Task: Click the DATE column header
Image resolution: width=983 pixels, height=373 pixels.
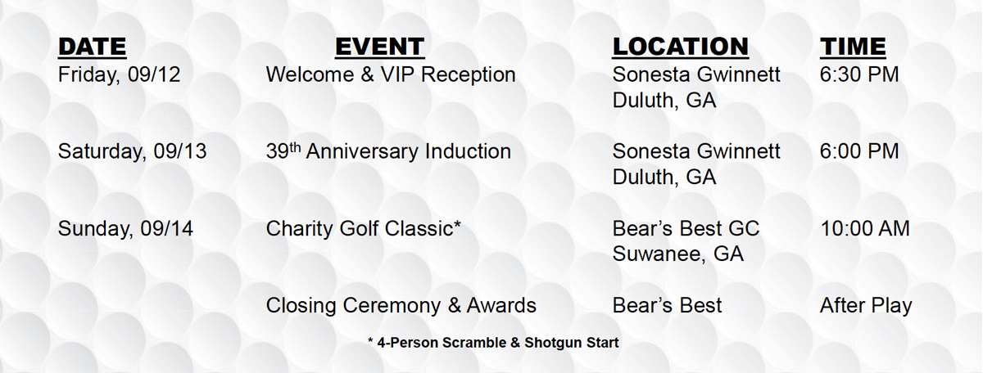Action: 92,47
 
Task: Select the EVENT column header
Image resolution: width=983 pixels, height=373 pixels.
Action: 379,47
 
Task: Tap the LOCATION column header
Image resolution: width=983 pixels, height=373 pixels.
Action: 680,47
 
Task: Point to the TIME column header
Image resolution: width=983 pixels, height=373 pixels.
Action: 853,47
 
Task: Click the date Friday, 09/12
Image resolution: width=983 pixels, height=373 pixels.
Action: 119,75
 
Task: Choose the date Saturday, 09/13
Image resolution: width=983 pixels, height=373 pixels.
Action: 132,151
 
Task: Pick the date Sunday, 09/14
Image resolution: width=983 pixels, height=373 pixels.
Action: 125,229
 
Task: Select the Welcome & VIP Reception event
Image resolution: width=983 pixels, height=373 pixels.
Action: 391,74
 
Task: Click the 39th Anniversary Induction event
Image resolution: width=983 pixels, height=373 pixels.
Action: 388,151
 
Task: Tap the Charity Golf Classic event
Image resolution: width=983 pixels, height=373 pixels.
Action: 364,229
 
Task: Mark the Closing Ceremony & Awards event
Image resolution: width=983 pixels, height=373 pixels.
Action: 401,305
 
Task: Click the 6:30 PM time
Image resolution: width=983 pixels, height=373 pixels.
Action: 859,74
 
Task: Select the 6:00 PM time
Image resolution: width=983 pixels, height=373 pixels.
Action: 859,151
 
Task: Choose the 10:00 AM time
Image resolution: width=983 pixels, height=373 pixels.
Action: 865,228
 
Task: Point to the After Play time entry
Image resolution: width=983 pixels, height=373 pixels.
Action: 866,306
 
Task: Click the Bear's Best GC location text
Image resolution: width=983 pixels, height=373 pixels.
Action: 686,228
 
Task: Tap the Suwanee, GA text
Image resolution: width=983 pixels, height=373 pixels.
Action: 678,254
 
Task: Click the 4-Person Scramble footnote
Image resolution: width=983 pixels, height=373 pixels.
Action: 493,342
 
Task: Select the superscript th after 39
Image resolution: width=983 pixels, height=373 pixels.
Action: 295,146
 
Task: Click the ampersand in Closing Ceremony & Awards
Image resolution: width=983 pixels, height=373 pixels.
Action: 454,305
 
